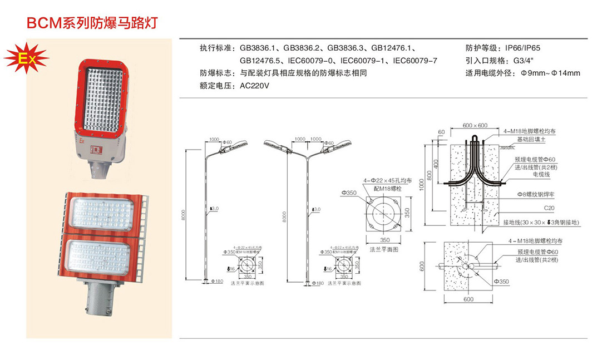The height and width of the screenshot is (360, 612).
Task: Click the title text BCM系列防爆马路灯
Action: click(92, 23)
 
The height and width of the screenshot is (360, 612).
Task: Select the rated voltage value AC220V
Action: click(254, 86)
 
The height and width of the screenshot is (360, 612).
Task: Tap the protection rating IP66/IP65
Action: click(522, 48)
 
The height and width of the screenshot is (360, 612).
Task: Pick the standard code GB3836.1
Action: click(256, 48)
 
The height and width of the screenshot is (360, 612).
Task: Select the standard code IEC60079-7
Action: click(415, 61)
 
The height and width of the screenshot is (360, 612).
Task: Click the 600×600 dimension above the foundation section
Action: click(475, 125)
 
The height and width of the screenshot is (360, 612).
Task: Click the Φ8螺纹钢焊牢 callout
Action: click(536, 195)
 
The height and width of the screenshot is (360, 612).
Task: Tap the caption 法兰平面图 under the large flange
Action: click(384, 250)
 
